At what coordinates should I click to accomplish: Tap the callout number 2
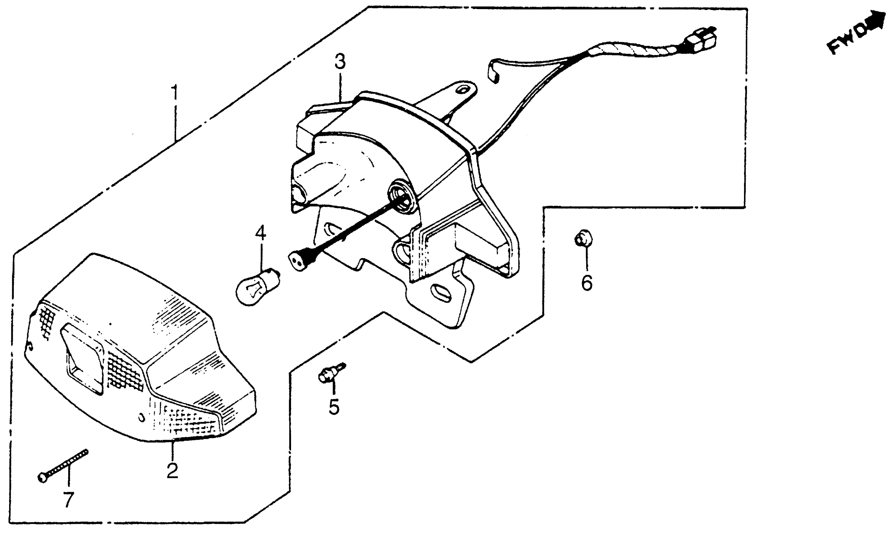(x=172, y=471)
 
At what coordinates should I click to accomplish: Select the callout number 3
(x=340, y=62)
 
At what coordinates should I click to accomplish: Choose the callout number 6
(x=587, y=282)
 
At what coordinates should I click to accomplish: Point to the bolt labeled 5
(x=329, y=374)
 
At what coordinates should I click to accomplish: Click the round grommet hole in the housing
(x=403, y=198)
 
